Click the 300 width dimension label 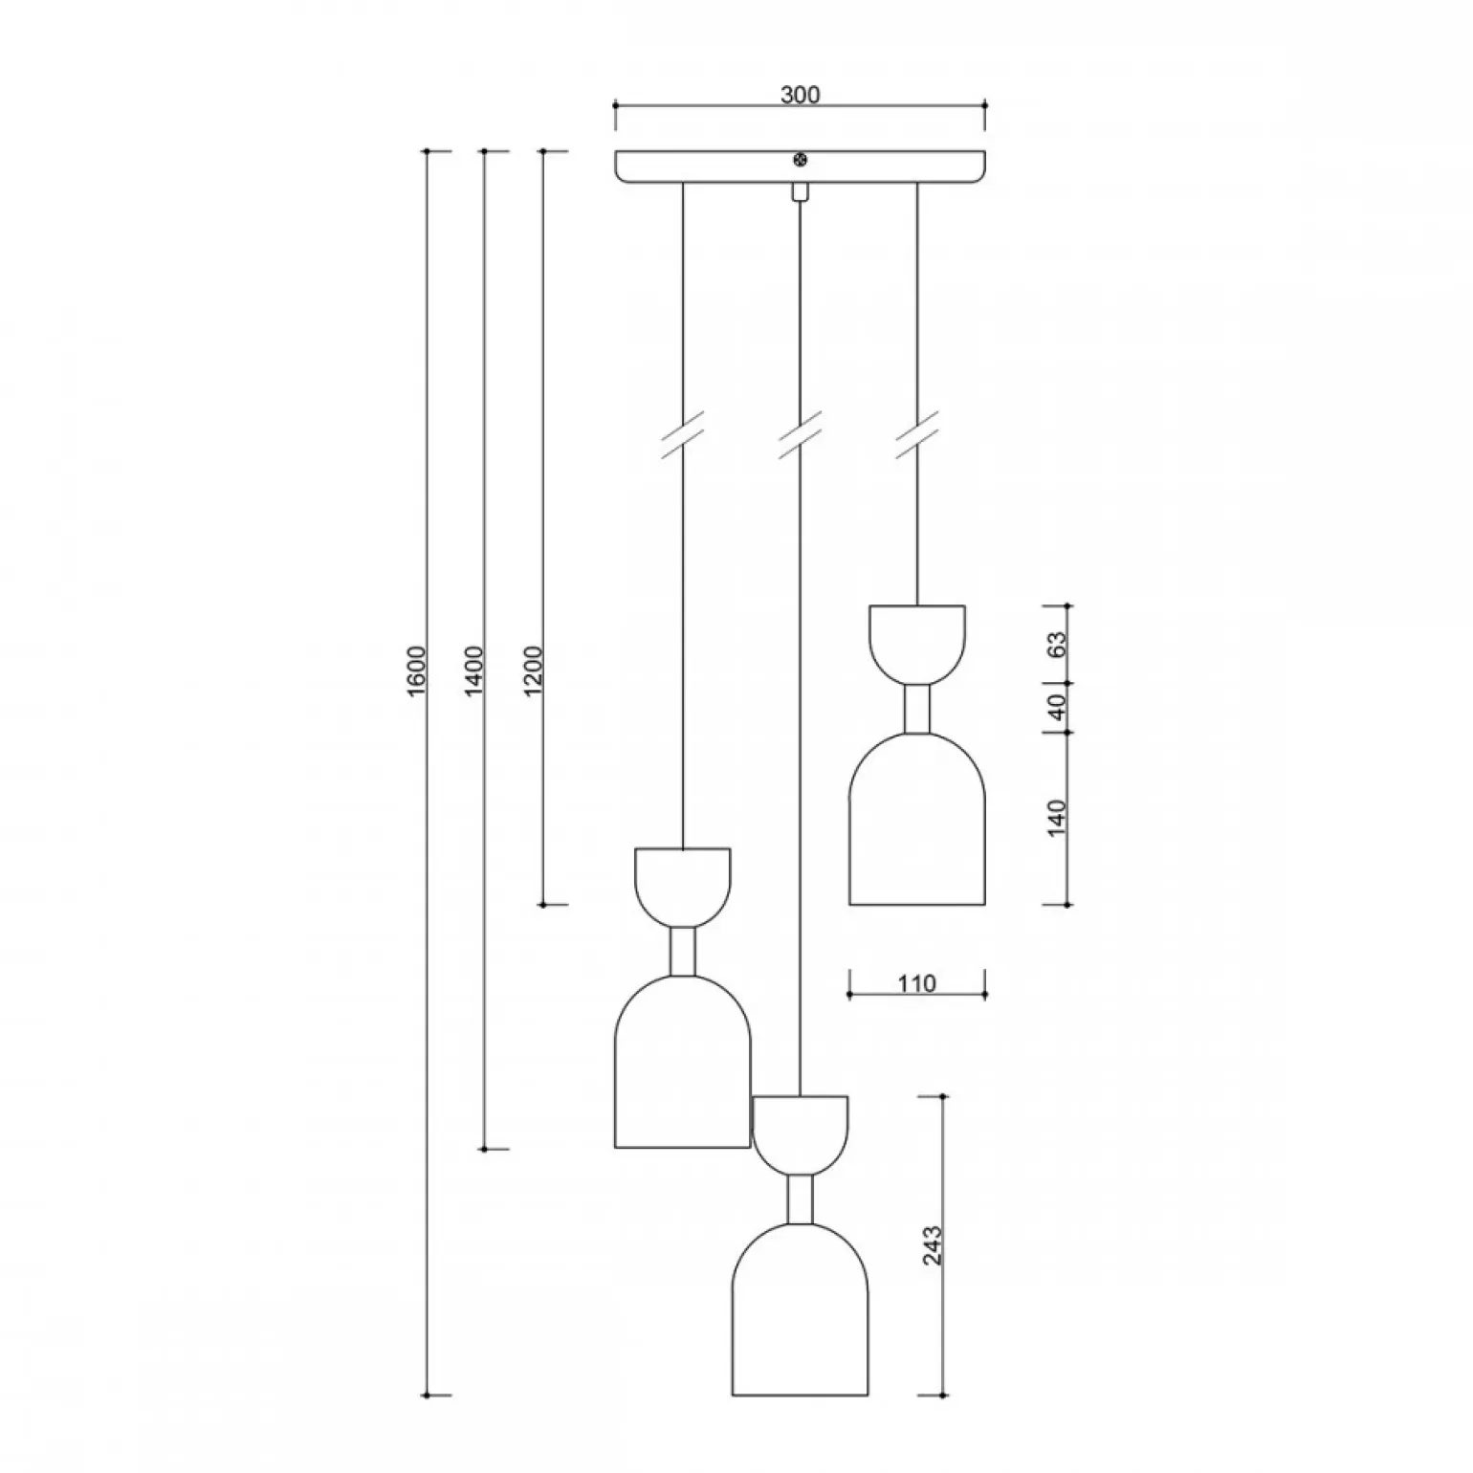click(801, 95)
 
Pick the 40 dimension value click(1056, 708)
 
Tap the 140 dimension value click(1056, 819)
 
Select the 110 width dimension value click(917, 982)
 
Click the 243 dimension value click(933, 1245)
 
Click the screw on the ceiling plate click(801, 162)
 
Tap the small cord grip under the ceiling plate click(800, 191)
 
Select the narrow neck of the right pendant click(917, 709)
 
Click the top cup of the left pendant click(683, 884)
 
